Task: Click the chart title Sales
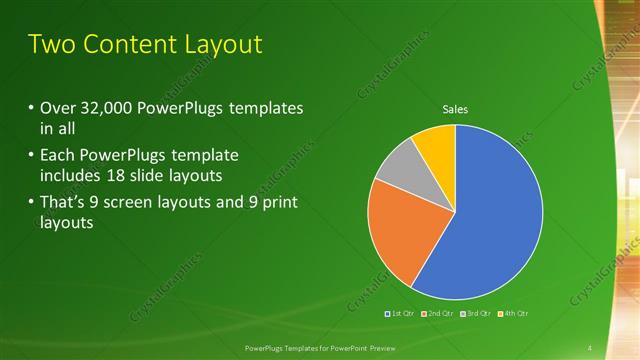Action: [455, 110]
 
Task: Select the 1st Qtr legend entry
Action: [403, 313]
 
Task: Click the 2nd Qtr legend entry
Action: [440, 313]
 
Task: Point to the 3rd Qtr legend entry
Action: [477, 313]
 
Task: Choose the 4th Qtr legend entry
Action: [513, 313]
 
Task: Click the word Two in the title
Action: [49, 44]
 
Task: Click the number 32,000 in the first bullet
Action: [107, 108]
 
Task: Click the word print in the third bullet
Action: [281, 203]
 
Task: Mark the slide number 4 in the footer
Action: [590, 347]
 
